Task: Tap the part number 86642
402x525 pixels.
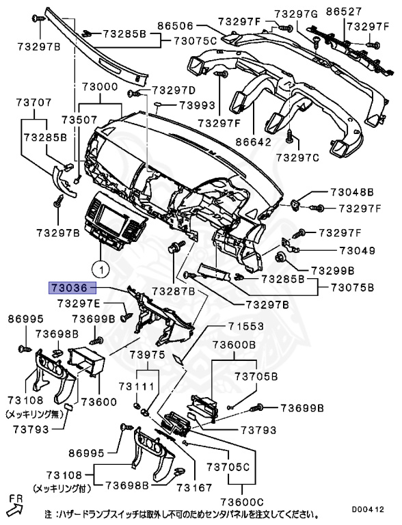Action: pyautogui.click(x=252, y=142)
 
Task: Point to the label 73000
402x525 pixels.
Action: pyautogui.click(x=100, y=89)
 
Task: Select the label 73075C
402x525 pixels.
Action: pyautogui.click(x=195, y=41)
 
